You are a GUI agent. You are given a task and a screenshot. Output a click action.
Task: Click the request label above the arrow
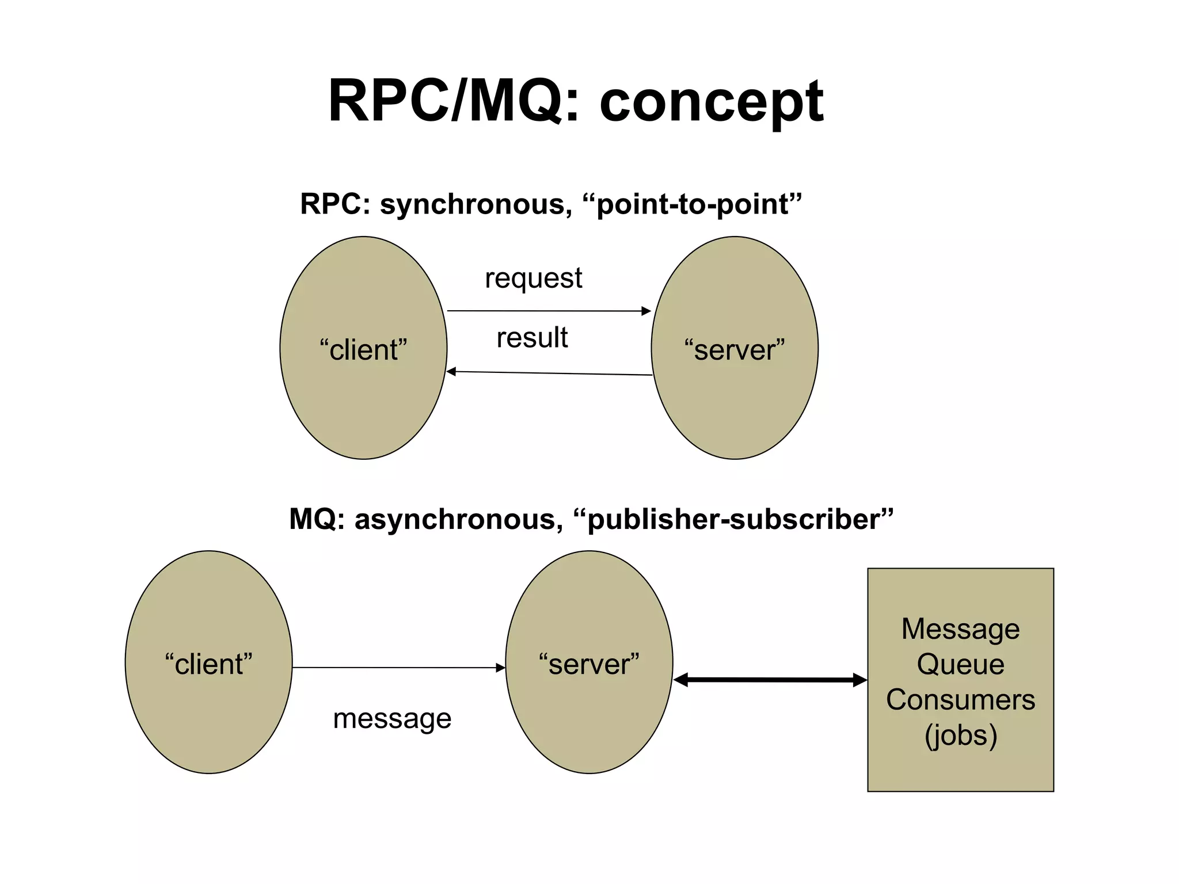[533, 279]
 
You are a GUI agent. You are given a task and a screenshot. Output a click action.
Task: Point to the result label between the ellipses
[532, 337]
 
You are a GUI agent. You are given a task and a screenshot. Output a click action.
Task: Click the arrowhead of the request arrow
[646, 311]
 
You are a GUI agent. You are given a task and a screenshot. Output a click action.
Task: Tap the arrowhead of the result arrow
[452, 372]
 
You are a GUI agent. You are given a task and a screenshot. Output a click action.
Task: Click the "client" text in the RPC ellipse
[363, 350]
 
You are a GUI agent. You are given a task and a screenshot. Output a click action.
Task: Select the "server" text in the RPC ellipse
[735, 350]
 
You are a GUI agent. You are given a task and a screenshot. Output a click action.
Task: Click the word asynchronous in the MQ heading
[458, 519]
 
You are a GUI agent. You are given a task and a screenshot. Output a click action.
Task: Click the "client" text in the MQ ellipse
[208, 664]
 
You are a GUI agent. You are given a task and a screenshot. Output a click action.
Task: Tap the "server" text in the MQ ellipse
[589, 664]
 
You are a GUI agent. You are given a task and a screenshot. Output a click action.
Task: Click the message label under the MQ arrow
[392, 718]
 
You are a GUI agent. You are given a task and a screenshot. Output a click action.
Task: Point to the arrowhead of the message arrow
[501, 668]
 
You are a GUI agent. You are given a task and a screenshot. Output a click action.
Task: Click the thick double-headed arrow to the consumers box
[770, 680]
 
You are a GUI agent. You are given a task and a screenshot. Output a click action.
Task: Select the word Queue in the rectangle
[960, 664]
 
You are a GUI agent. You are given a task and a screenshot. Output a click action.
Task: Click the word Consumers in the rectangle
[960, 700]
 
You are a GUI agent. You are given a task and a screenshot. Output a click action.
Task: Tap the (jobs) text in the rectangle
[960, 736]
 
